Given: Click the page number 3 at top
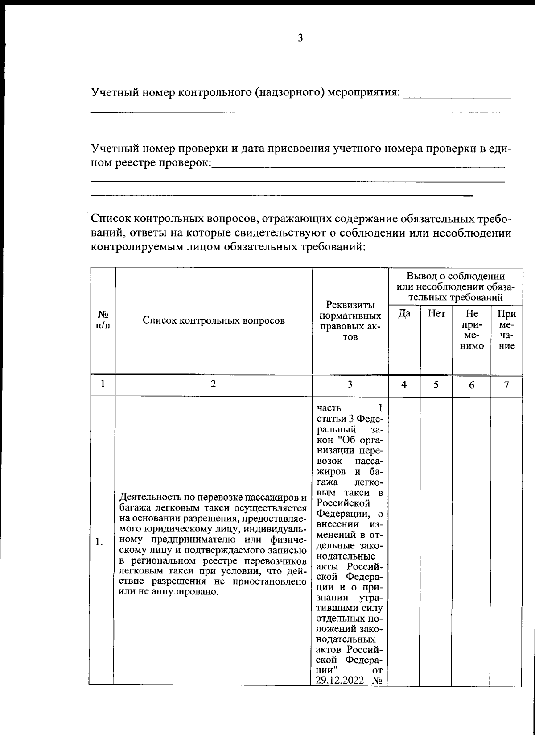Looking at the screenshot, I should (300, 38).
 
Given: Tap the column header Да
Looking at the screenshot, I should (404, 314).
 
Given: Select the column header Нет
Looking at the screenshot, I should (436, 314).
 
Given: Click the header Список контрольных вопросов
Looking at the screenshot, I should (214, 320).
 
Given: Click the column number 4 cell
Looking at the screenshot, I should (404, 385).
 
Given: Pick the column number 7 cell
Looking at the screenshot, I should (506, 385).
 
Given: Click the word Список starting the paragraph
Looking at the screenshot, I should (109, 219).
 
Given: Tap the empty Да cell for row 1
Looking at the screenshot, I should (404, 540).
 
